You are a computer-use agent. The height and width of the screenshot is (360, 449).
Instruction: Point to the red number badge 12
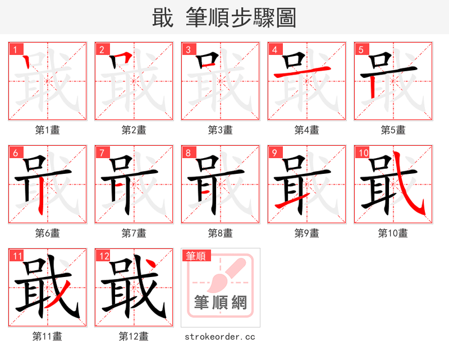[x=103, y=256]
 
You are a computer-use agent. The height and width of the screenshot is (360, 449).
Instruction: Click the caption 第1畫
[x=47, y=130]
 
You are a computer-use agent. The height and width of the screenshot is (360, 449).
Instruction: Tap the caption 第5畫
[x=393, y=130]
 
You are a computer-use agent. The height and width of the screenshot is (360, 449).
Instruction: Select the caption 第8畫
[x=220, y=233]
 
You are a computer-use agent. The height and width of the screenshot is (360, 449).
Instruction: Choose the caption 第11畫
[x=47, y=336]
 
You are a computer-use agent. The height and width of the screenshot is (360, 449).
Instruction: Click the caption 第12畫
[x=134, y=336]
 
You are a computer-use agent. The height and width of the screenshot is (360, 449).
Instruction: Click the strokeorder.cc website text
[x=220, y=336]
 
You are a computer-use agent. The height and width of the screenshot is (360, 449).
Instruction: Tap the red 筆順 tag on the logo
[x=196, y=256]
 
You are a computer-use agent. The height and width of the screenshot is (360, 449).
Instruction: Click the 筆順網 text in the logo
[x=220, y=303]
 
